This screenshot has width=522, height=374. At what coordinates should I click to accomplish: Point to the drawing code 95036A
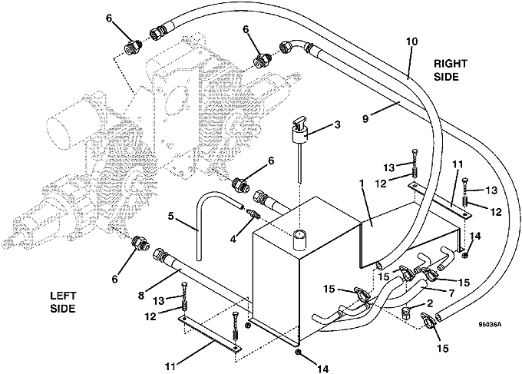click(487, 325)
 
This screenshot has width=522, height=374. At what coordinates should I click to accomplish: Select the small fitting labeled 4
click(250, 214)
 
